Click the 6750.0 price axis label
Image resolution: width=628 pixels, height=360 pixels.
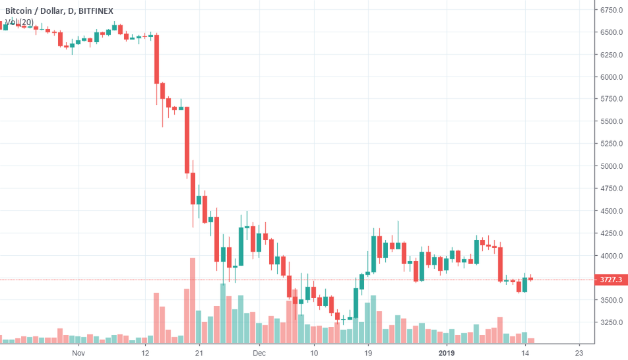[x=612, y=10]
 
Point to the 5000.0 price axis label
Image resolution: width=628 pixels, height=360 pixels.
[x=612, y=166]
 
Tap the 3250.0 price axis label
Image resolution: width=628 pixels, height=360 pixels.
[x=612, y=322]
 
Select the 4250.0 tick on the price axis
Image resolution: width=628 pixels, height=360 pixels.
[x=612, y=233]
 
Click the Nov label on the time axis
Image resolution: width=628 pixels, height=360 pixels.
[x=78, y=353]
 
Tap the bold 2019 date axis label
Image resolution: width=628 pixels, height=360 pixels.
[x=447, y=353]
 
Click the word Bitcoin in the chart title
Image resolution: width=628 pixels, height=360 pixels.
[x=21, y=9]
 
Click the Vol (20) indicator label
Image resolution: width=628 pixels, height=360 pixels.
[x=19, y=22]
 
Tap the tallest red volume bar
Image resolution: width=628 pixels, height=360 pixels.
[x=193, y=300]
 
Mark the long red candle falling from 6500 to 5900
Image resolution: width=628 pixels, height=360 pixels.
[x=156, y=59]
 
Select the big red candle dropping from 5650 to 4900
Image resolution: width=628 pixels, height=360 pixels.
[x=187, y=140]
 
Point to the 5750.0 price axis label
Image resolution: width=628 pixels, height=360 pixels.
[x=612, y=99]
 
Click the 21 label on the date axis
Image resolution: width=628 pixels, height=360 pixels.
[x=199, y=353]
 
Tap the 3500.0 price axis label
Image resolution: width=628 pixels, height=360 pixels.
[x=612, y=300]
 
